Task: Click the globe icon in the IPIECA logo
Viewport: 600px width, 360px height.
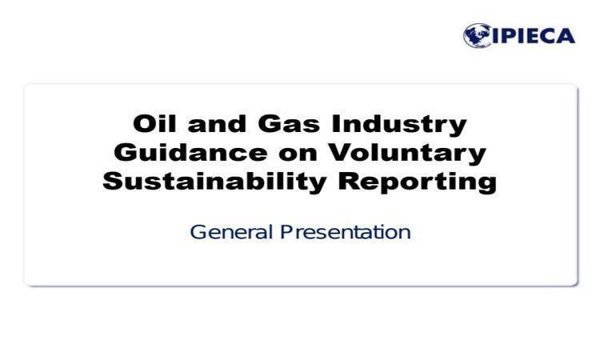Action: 477,35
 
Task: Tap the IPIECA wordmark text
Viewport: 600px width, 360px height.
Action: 534,36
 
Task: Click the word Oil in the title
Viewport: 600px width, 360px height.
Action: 154,123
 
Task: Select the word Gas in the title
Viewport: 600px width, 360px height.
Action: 289,123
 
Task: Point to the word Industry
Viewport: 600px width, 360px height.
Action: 399,125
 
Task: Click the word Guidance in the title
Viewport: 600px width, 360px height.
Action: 190,152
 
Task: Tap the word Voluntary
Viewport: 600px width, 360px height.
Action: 407,154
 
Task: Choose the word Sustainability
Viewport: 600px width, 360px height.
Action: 214,182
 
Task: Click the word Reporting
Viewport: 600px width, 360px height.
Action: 418,182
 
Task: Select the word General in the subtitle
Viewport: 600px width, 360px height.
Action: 231,232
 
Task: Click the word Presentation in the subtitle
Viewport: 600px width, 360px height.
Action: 346,232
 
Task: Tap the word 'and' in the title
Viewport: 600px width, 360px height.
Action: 217,123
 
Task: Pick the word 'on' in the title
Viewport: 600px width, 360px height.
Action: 298,154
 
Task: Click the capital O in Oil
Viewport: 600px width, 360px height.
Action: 143,123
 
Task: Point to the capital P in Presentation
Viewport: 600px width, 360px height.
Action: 286,232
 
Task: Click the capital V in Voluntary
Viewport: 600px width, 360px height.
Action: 341,152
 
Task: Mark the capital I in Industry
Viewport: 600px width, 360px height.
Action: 335,123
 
